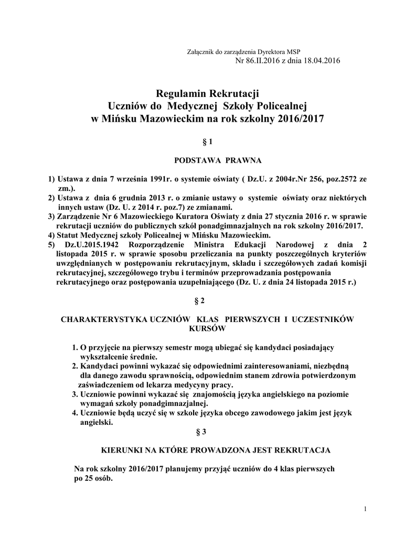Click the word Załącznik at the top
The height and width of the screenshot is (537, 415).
click(199, 52)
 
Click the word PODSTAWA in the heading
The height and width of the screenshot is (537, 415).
click(196, 160)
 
